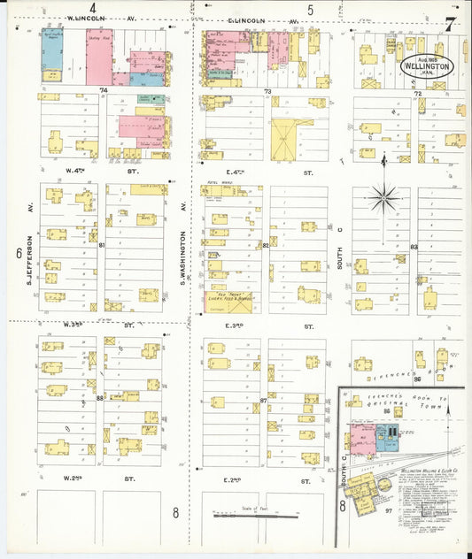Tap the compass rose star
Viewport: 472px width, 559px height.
click(x=383, y=197)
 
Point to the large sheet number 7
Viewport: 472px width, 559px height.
click(x=452, y=25)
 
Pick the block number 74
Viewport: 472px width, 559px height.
click(x=103, y=90)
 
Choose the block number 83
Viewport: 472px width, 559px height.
click(x=414, y=247)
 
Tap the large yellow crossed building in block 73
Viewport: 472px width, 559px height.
click(x=285, y=140)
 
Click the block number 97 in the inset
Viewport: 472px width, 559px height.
click(x=388, y=510)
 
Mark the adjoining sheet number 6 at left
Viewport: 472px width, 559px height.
click(x=19, y=253)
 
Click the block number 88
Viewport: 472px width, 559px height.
click(x=100, y=397)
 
